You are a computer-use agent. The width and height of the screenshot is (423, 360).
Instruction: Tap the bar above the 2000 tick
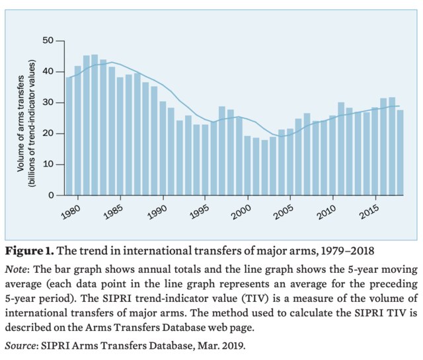tap(248, 166)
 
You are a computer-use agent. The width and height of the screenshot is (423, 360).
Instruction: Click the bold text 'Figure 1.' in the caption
tap(30, 252)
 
